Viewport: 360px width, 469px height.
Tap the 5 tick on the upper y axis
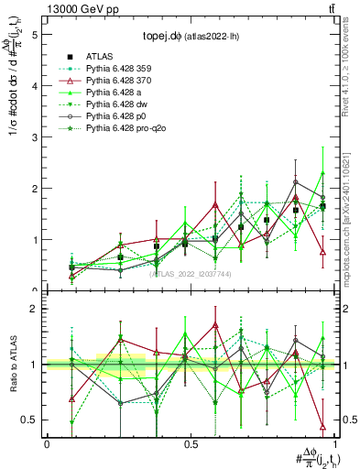35,35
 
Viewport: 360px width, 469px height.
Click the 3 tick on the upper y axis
35,137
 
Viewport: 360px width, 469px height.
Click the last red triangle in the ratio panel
322,426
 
